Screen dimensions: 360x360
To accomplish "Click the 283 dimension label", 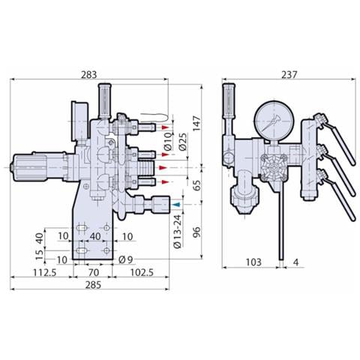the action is tap(89, 74).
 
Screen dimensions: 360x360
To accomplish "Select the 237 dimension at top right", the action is tap(289, 74).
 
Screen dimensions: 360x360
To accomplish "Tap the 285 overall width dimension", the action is tap(93, 284).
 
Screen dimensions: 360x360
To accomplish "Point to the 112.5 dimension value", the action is tap(45, 272).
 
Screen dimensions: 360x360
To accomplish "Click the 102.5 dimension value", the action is tap(142, 272).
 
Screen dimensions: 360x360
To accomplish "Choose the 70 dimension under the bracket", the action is tap(93, 272).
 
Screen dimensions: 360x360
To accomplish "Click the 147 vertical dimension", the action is tap(196, 123).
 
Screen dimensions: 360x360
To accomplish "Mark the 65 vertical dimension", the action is tap(197, 185).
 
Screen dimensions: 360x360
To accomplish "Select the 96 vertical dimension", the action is tap(197, 232).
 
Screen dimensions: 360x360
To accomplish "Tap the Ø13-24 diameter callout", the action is tap(177, 231).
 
